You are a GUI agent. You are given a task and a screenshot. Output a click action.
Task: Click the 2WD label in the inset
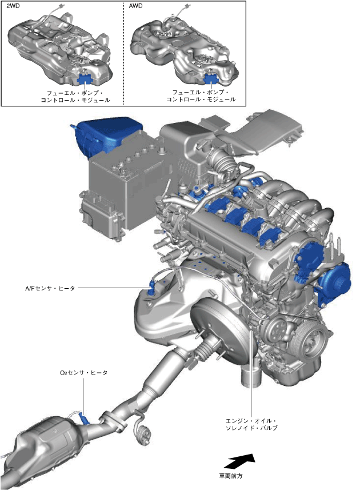[13, 6]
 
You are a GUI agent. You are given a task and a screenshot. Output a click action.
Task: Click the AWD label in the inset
[135, 6]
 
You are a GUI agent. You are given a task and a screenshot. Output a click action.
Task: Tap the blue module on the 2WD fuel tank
[85, 79]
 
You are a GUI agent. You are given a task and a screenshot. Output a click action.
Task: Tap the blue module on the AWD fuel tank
[211, 78]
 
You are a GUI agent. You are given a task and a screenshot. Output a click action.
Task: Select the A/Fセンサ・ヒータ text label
[50, 288]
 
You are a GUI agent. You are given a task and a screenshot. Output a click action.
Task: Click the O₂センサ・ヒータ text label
[83, 373]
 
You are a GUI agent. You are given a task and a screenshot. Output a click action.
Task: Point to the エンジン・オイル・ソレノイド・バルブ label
[251, 424]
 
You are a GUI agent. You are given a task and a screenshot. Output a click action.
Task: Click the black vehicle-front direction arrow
[240, 461]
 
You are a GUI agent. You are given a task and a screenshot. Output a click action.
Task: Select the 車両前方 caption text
[230, 476]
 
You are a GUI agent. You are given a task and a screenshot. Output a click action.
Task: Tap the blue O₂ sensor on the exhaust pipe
[85, 419]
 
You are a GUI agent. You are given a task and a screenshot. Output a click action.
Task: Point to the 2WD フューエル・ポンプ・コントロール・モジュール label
[75, 97]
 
